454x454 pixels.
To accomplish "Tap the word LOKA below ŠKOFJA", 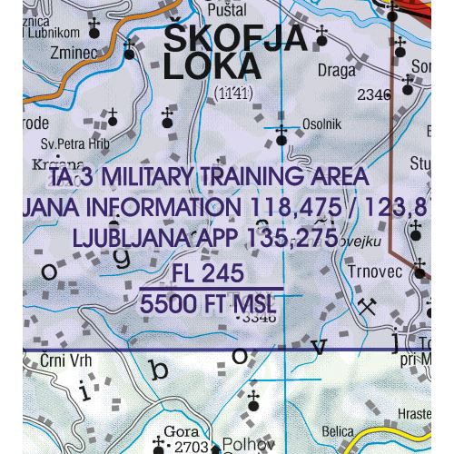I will point(209,68).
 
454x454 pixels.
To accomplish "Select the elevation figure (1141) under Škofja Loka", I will point(233,93).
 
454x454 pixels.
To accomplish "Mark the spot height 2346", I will point(373,94).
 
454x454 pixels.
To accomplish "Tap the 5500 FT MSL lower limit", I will point(208,304).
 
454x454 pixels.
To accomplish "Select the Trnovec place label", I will point(373,270).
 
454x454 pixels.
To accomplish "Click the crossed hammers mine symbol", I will point(367,306).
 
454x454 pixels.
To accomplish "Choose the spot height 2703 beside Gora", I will point(192,446).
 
